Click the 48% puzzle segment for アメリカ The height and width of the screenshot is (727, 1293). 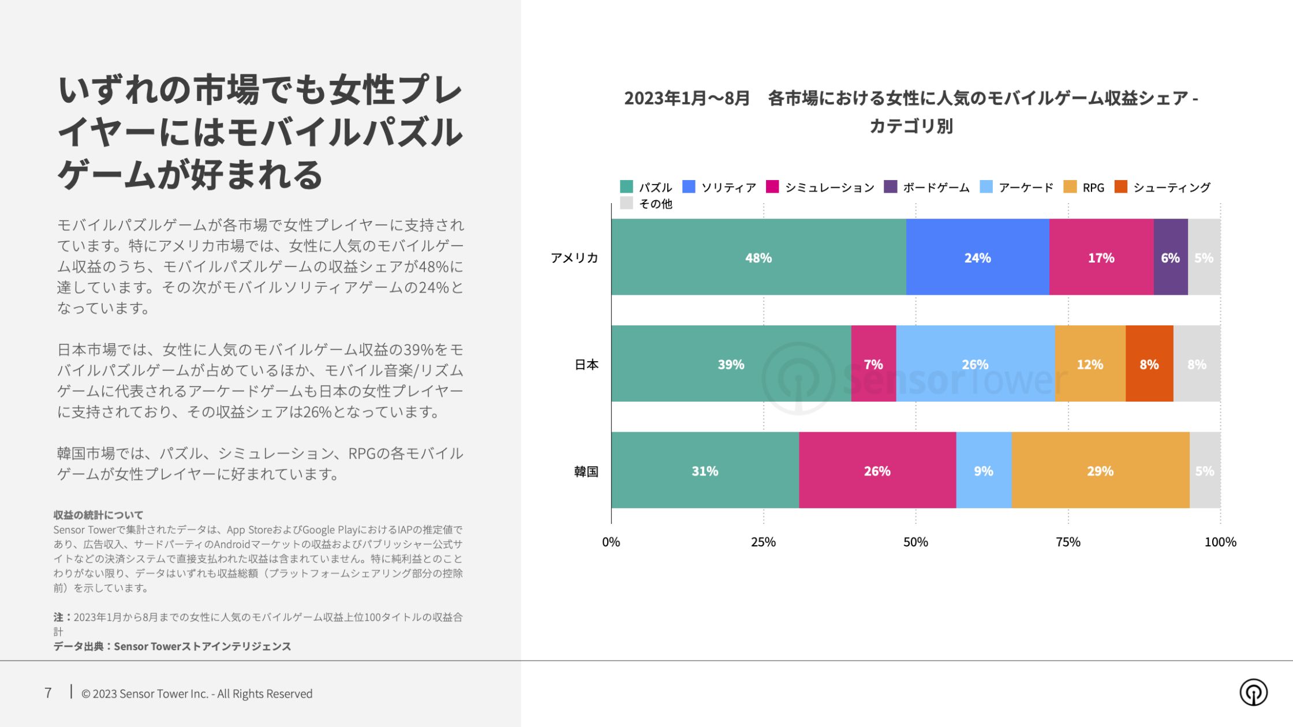coord(758,257)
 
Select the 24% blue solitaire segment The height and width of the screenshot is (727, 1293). coord(977,257)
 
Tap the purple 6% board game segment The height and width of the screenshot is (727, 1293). coord(1170,257)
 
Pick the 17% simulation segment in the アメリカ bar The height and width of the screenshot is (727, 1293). coord(1101,257)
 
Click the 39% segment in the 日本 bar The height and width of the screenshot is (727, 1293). coord(731,364)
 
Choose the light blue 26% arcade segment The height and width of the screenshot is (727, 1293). coord(975,364)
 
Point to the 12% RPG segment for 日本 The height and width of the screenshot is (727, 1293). coord(1090,364)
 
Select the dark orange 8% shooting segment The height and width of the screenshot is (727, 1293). coord(1149,364)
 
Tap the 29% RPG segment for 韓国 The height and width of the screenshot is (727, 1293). coord(1100,471)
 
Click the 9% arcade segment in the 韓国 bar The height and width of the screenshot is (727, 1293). coord(984,471)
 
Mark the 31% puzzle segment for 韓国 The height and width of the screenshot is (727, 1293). coord(705,471)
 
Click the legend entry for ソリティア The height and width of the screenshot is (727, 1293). coord(719,187)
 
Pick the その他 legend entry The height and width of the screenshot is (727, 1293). coord(646,204)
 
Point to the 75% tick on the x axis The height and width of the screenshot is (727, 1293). coord(1068,542)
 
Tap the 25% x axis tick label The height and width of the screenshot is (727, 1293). coord(763,542)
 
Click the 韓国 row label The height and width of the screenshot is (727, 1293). coord(586,471)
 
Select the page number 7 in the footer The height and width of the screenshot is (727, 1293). coord(48,693)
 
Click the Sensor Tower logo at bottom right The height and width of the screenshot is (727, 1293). coord(1253,692)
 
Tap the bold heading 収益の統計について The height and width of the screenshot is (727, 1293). coord(98,515)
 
